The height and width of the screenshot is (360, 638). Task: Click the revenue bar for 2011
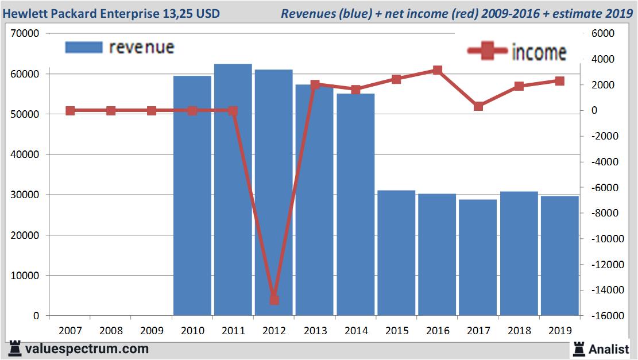tap(233, 189)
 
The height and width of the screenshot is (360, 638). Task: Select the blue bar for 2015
tap(396, 253)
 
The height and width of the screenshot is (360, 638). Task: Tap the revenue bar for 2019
tap(559, 256)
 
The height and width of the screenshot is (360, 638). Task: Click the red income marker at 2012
tap(274, 300)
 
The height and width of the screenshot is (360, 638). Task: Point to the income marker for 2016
tap(438, 71)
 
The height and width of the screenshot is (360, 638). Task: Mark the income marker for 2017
tap(478, 106)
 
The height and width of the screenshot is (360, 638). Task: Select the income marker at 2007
tap(70, 111)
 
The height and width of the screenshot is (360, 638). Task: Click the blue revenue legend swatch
tap(84, 47)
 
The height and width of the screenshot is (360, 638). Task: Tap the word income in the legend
tap(538, 52)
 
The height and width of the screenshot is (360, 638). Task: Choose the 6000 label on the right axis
tap(604, 34)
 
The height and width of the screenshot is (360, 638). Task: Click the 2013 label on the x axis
tap(315, 331)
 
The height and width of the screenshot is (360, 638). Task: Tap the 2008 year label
tap(111, 331)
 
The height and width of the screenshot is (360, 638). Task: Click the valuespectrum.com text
tap(87, 349)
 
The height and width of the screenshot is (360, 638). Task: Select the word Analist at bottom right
tap(609, 349)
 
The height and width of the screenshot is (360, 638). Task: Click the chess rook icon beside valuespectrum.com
tap(15, 349)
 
